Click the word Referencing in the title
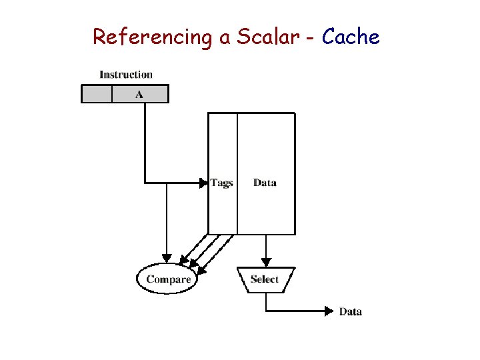pyautogui.click(x=151, y=37)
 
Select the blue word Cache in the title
pyautogui.click(x=351, y=37)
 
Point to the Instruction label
pyautogui.click(x=126, y=75)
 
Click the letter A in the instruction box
pyautogui.click(x=139, y=94)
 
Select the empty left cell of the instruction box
pyautogui.click(x=97, y=94)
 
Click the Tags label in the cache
pyautogui.click(x=222, y=182)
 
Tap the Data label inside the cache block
pyautogui.click(x=265, y=182)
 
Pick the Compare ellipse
pyautogui.click(x=169, y=279)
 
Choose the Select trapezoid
pyautogui.click(x=265, y=279)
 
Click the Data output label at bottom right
pyautogui.click(x=351, y=311)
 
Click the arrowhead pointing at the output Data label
pyautogui.click(x=328, y=311)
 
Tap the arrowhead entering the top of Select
pyautogui.click(x=266, y=262)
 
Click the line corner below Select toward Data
pyautogui.click(x=266, y=311)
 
